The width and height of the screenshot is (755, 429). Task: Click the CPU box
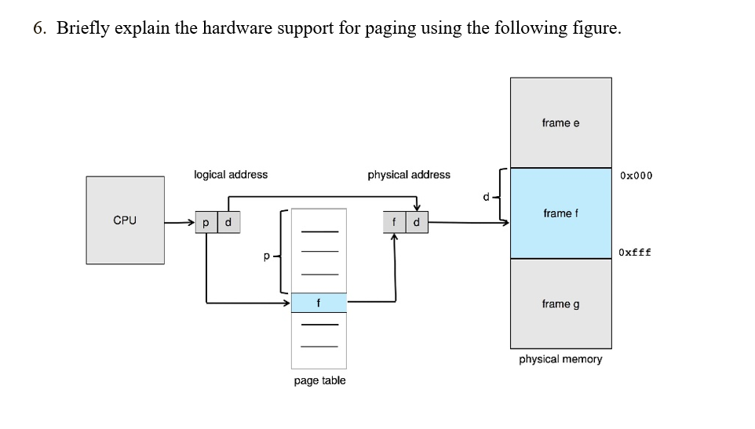tap(125, 220)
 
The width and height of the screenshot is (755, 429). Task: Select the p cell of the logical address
tap(206, 223)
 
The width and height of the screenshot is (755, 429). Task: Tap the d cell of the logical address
tap(228, 223)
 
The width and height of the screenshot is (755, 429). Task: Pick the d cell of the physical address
tap(416, 223)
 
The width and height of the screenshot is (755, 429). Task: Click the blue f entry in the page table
tap(319, 303)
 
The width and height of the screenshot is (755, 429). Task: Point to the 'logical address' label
tap(231, 174)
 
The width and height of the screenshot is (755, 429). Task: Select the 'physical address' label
tap(409, 174)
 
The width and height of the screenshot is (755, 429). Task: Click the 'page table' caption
tap(319, 380)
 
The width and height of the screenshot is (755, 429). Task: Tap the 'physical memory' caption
tap(560, 359)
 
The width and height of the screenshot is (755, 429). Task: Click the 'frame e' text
tap(560, 123)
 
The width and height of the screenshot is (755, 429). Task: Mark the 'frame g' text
tap(560, 304)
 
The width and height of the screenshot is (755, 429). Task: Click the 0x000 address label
tap(636, 175)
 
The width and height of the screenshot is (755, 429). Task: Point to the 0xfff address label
tap(635, 253)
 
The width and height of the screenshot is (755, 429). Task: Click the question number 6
tap(39, 29)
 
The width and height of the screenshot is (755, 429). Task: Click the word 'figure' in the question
tap(596, 30)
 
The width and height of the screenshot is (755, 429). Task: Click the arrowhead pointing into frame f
tap(505, 223)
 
